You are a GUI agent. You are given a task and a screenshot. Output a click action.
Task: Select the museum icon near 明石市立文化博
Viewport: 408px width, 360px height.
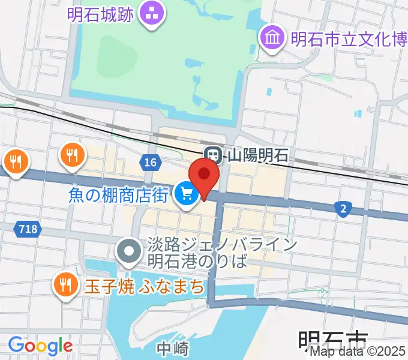[x=272, y=38]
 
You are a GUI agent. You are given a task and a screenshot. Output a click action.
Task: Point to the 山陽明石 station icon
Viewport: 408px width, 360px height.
[x=212, y=154]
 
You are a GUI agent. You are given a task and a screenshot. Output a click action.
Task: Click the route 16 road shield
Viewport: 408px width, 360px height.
[x=150, y=162]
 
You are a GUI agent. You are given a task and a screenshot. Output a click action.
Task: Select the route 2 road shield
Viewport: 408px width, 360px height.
[x=343, y=208]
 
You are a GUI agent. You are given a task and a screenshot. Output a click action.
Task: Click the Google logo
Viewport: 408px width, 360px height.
[x=40, y=346]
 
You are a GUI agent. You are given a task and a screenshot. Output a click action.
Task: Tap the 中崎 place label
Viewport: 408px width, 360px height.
[x=173, y=349]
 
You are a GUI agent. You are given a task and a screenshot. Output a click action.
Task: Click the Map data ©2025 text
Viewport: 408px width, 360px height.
[x=358, y=352]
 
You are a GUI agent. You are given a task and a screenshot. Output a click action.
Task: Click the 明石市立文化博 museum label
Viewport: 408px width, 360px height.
[x=348, y=40]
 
